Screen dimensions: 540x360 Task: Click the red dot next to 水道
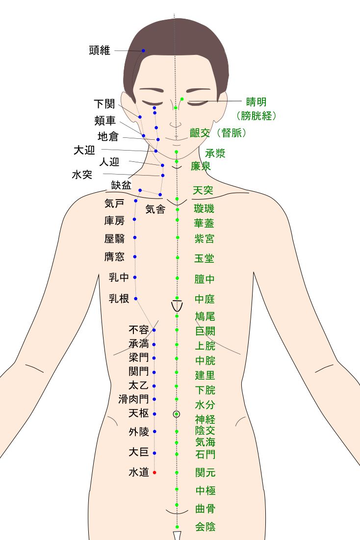click(x=154, y=472)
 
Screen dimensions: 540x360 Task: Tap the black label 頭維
click(x=100, y=50)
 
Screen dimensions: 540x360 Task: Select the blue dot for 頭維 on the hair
click(x=144, y=51)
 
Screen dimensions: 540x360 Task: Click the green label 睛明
click(x=256, y=102)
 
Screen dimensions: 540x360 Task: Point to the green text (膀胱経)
click(x=256, y=116)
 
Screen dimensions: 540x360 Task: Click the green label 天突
click(x=203, y=190)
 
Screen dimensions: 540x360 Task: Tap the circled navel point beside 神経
click(x=177, y=414)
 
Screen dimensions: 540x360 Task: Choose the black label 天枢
click(x=138, y=413)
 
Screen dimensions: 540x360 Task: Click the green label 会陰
click(x=205, y=527)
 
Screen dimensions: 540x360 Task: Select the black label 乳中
click(x=119, y=278)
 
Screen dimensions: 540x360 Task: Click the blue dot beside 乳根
click(x=136, y=298)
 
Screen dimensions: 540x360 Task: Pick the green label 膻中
click(x=205, y=280)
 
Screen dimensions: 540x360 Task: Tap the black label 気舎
click(x=155, y=209)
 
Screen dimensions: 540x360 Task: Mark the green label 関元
click(x=205, y=473)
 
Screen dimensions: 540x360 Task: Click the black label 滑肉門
click(x=133, y=400)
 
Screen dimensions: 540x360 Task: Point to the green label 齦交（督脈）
click(x=218, y=133)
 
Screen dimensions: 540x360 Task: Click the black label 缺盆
click(x=121, y=185)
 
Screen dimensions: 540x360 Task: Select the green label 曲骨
click(x=205, y=508)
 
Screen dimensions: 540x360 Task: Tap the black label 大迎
click(x=84, y=151)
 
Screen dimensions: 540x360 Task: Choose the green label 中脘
click(x=205, y=361)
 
